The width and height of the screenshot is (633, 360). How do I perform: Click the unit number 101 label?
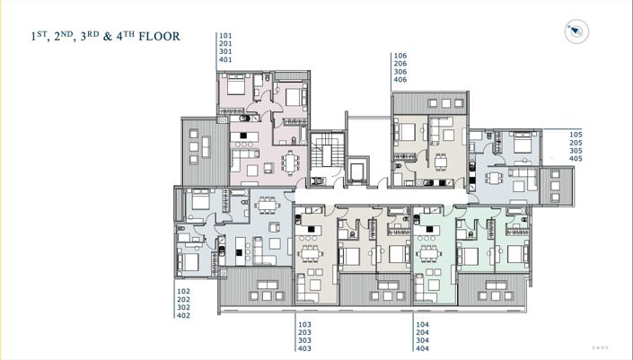click(x=225, y=36)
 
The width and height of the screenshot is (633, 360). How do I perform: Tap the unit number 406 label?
click(x=400, y=80)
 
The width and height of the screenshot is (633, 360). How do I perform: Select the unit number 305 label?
click(x=576, y=151)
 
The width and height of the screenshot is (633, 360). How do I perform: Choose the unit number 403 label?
click(x=303, y=348)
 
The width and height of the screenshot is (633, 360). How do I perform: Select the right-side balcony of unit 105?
click(x=559, y=183)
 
